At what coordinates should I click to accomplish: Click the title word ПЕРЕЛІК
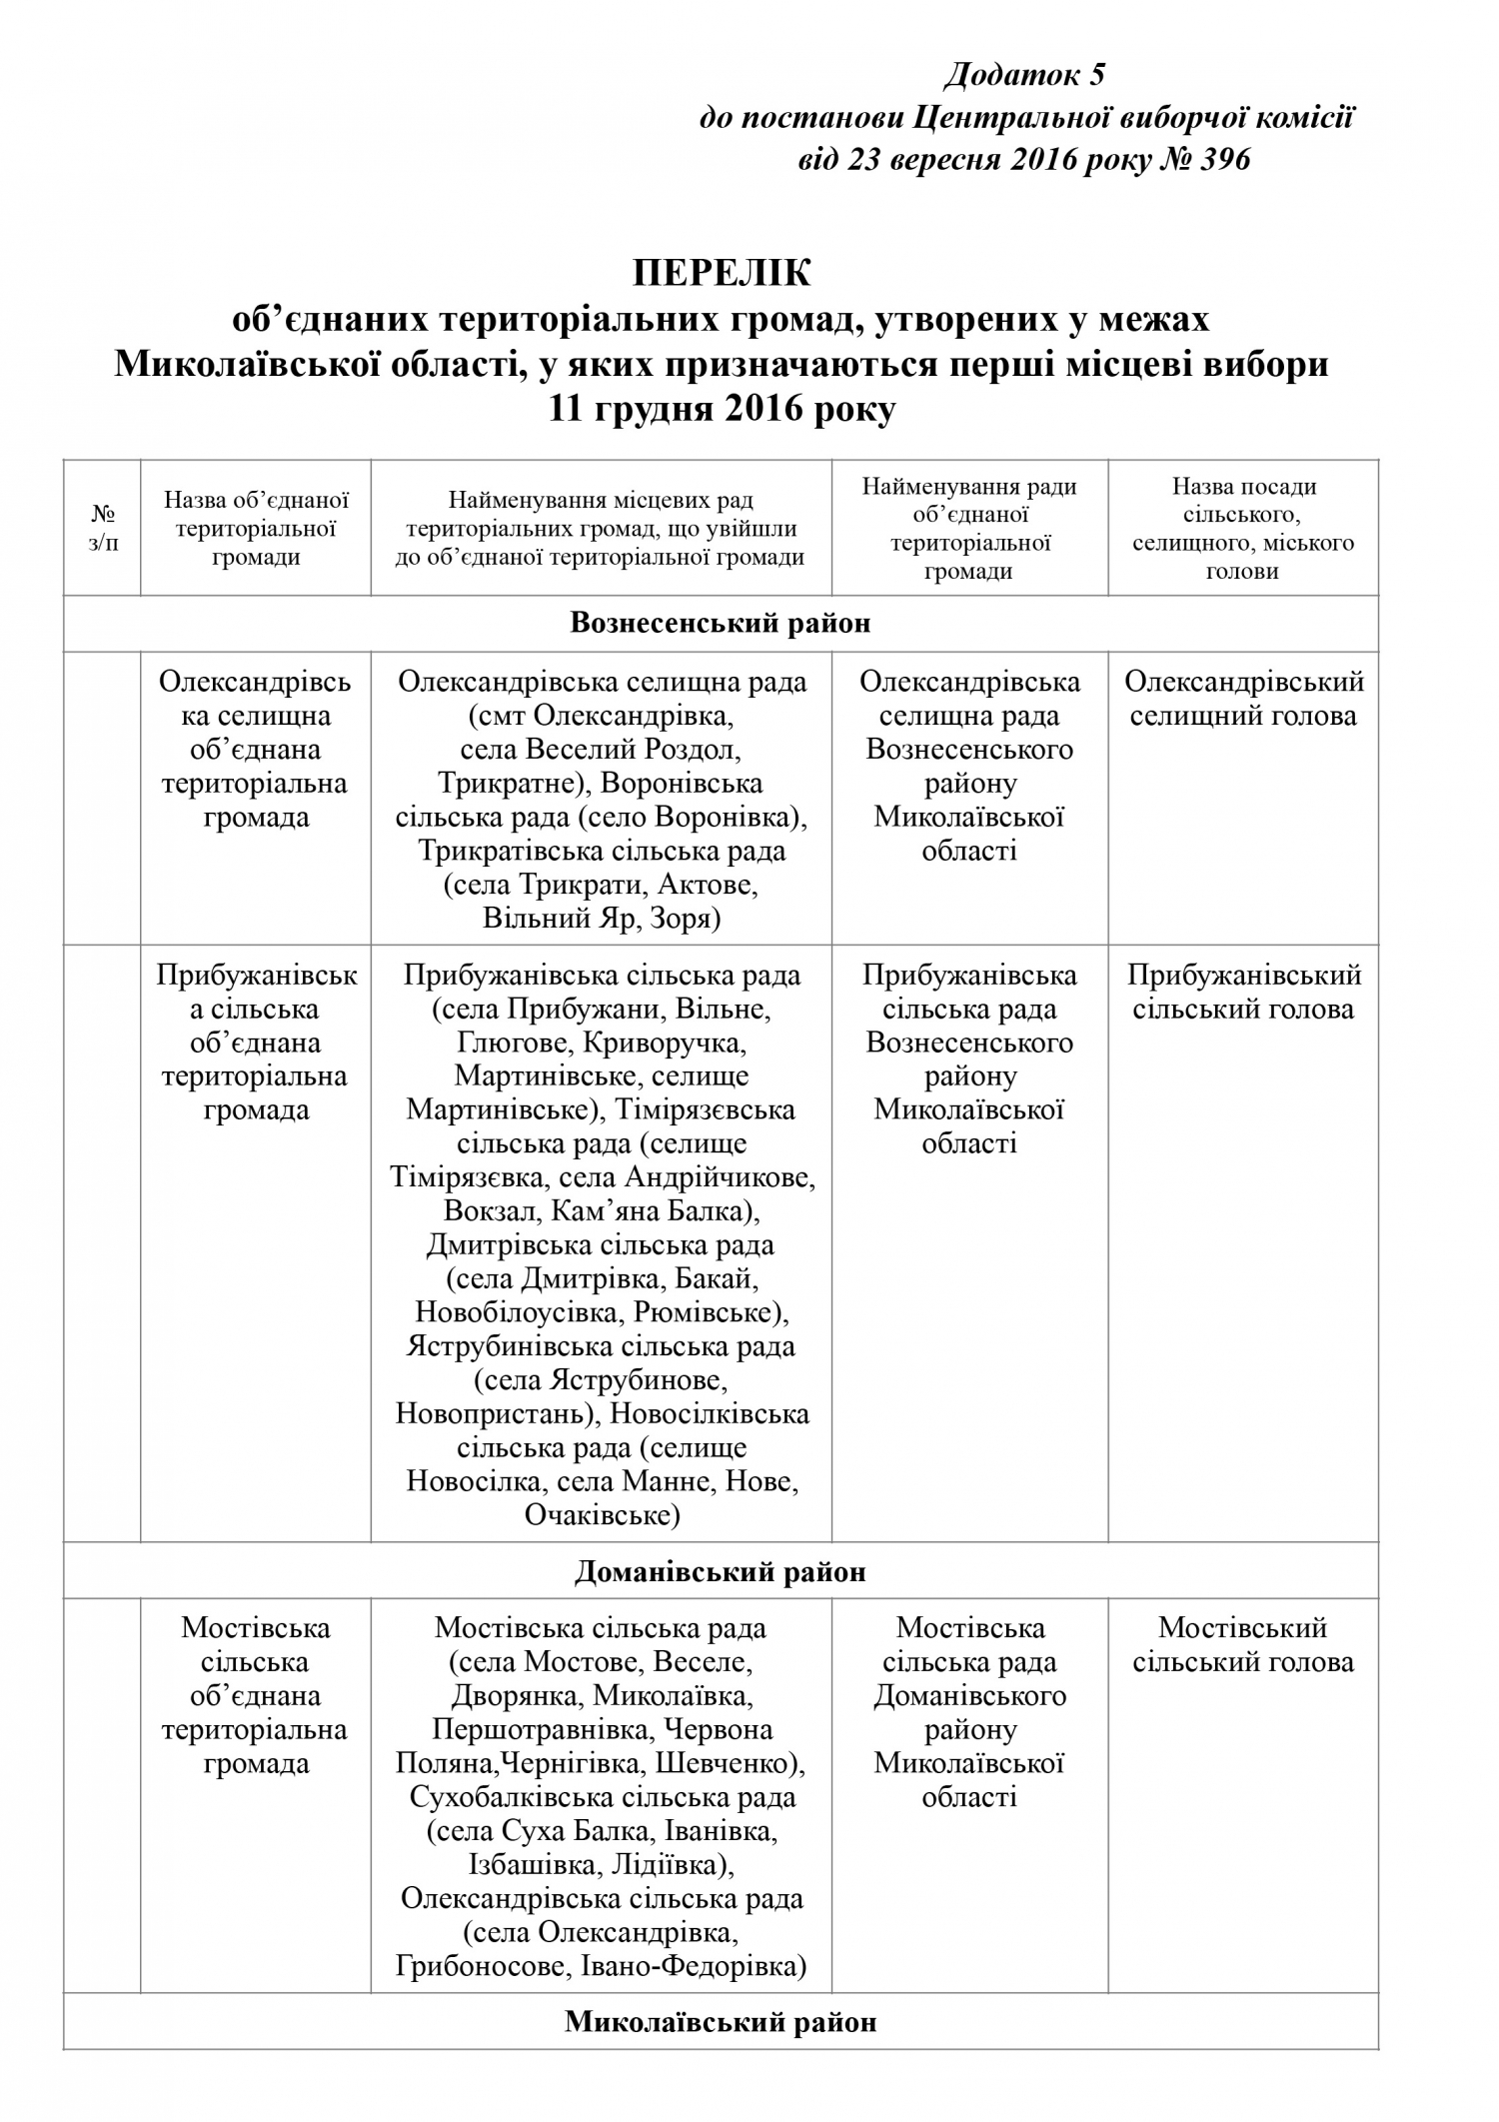coord(723,273)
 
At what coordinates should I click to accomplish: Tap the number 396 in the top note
coord(1223,159)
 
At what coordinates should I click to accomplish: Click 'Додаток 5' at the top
coord(1025,75)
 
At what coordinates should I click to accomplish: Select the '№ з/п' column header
coord(102,529)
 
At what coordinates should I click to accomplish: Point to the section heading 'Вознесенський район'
coord(721,624)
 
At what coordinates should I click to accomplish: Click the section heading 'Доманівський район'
coord(721,1572)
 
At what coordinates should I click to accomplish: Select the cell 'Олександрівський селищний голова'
coord(1243,699)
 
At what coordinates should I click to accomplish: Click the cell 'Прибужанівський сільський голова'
coord(1243,992)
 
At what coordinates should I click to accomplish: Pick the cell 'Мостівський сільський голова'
coord(1243,1644)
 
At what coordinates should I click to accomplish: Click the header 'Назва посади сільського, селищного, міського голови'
coord(1243,529)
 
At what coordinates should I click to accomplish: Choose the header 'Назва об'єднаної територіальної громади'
coord(256,529)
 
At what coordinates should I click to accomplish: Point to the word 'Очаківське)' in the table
coord(602,1515)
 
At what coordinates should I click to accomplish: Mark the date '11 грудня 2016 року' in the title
coord(723,410)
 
